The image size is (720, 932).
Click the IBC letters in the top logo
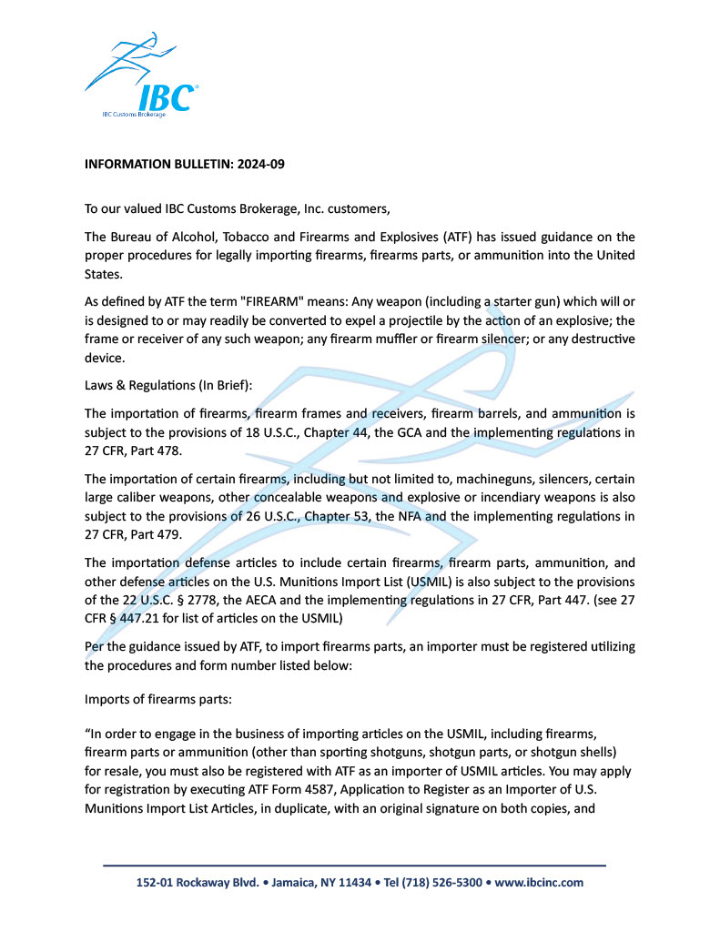[x=167, y=96]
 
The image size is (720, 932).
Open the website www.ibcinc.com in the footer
[x=539, y=883]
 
